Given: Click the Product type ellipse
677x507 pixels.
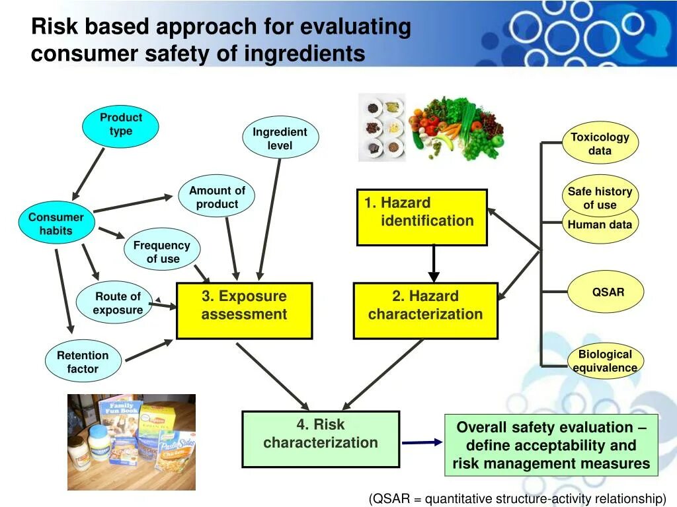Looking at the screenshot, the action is (120, 126).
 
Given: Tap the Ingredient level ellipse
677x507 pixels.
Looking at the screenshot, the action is (280, 137).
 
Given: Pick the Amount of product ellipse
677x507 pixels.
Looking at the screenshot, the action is (216, 196).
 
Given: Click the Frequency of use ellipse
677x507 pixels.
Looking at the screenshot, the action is (162, 249).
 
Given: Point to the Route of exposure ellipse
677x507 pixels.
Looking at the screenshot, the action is (114, 302).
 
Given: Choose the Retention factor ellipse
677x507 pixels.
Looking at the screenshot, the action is (83, 361).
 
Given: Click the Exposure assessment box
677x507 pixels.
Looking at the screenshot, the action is (245, 310).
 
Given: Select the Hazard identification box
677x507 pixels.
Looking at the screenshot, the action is (422, 217).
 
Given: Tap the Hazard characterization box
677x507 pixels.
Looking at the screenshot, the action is (426, 310).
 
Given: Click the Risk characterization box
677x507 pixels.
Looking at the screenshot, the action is (321, 439).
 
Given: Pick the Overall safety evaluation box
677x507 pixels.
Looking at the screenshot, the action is (551, 445).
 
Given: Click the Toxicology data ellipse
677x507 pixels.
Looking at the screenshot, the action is (600, 143).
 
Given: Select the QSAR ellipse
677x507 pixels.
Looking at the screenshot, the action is (606, 292).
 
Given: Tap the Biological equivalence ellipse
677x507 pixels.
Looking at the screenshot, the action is (606, 362).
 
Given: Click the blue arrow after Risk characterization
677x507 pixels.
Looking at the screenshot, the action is (422, 442).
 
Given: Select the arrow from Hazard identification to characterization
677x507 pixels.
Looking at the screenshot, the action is (434, 263).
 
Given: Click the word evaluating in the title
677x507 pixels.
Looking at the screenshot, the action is (355, 26).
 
